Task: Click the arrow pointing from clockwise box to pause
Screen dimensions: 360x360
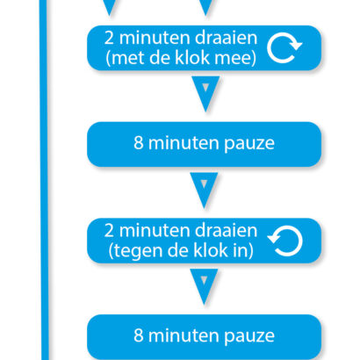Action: pyautogui.click(x=205, y=94)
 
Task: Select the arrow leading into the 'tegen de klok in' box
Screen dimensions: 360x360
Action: pyautogui.click(x=204, y=190)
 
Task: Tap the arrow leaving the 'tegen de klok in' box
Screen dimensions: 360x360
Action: pyautogui.click(x=204, y=286)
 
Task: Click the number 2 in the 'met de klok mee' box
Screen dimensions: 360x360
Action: pyautogui.click(x=109, y=38)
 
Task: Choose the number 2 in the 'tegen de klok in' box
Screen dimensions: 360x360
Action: pyautogui.click(x=109, y=231)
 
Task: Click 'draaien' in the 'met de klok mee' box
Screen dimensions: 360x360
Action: pyautogui.click(x=226, y=38)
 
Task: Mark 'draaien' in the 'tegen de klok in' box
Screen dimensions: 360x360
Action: pyautogui.click(x=226, y=231)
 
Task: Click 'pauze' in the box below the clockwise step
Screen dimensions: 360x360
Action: pyautogui.click(x=249, y=144)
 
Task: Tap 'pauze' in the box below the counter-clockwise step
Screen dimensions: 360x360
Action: pyautogui.click(x=249, y=336)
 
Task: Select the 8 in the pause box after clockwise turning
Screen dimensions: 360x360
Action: pyautogui.click(x=139, y=143)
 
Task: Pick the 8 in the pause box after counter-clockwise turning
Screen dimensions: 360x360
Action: pyautogui.click(x=139, y=335)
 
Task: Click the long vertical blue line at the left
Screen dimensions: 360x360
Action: pyautogui.click(x=44, y=180)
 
